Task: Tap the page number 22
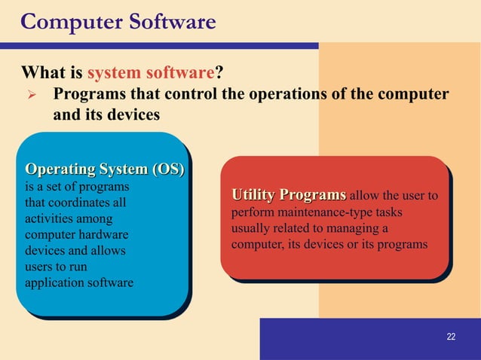tap(451, 337)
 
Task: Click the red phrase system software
tap(152, 74)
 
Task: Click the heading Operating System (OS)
tap(104, 168)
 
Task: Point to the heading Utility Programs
tap(289, 196)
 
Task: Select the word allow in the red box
tap(365, 197)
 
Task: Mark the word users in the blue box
tap(40, 267)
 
